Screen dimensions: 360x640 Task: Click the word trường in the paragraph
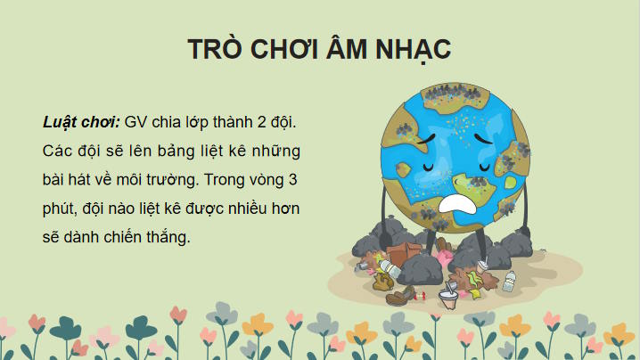pyautogui.click(x=169, y=179)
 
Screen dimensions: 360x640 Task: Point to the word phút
pyautogui.click(x=59, y=209)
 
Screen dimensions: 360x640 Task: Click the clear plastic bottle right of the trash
pyautogui.click(x=509, y=282)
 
